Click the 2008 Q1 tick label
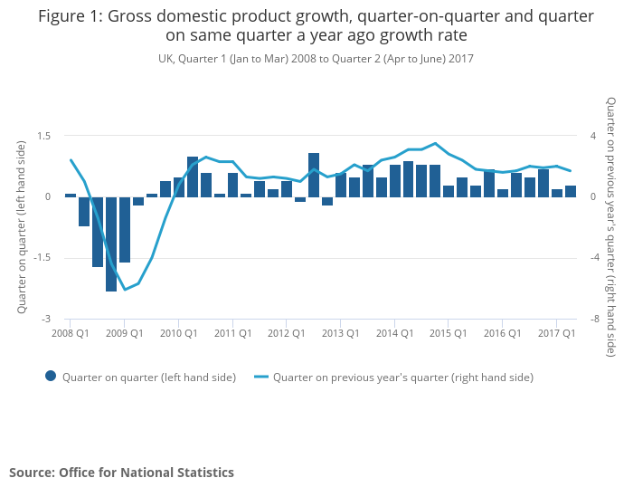(x=70, y=333)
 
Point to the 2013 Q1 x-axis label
(x=340, y=333)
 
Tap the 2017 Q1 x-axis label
(x=557, y=333)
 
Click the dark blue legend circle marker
(x=51, y=377)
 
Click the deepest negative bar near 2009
(x=111, y=244)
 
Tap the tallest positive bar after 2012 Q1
(x=314, y=175)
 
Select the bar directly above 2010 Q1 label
(x=179, y=187)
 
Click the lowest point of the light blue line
(x=125, y=290)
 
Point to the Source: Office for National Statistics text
(x=121, y=473)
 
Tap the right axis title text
(x=611, y=226)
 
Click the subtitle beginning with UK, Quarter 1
(x=316, y=58)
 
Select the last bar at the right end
(x=571, y=191)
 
